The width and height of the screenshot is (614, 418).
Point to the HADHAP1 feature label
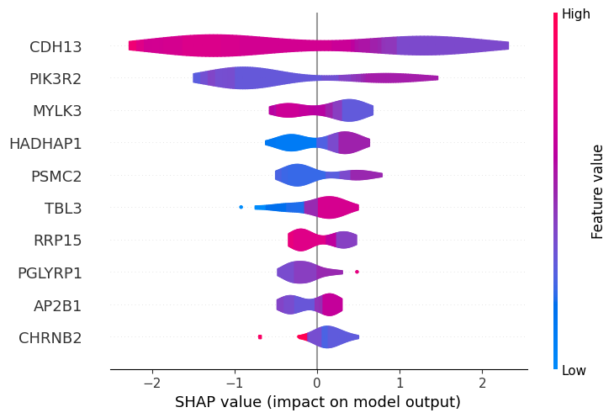[x=45, y=143]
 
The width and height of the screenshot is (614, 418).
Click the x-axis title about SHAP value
[x=318, y=402]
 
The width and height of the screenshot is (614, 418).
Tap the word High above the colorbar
[x=576, y=13]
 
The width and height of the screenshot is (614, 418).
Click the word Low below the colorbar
[x=575, y=370]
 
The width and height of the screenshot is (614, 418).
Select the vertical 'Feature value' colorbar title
[x=598, y=192]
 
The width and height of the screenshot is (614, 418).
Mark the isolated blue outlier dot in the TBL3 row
[x=241, y=206]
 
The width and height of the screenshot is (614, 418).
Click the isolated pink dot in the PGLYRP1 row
[x=357, y=272]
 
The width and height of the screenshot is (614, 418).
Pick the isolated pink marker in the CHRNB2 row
[x=260, y=336]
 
